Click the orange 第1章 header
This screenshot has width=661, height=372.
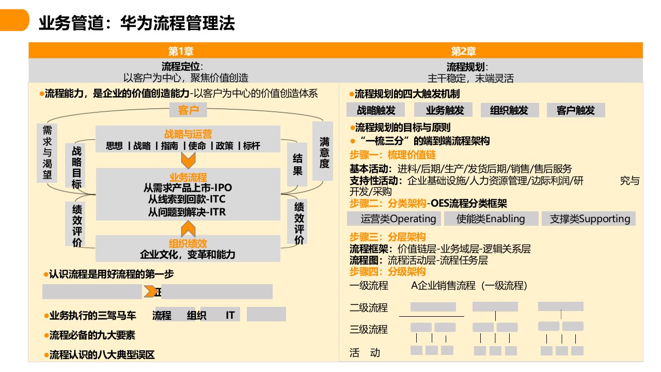(181, 51)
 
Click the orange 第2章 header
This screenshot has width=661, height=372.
(463, 51)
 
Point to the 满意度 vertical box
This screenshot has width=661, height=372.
(324, 152)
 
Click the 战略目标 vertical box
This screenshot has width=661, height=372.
(76, 166)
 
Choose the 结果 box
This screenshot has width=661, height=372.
(297, 164)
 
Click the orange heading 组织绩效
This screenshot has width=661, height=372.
(188, 243)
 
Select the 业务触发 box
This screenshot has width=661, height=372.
(445, 110)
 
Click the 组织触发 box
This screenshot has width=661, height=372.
(510, 110)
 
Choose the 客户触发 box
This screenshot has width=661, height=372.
(575, 110)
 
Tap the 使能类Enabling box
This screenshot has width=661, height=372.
(490, 219)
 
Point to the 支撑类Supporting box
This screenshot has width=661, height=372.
(589, 219)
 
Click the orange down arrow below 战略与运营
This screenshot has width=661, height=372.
(188, 157)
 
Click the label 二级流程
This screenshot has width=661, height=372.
(369, 308)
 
